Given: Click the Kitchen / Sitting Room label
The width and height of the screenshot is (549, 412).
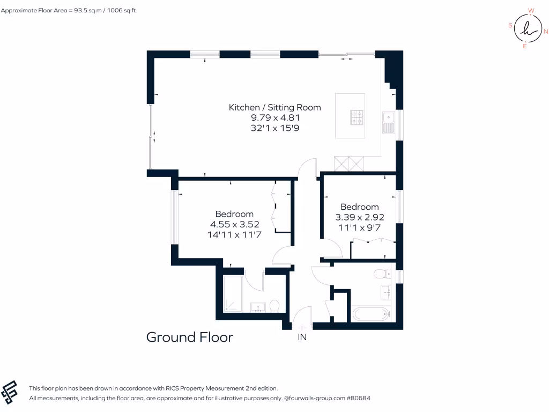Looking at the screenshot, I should point(274,107).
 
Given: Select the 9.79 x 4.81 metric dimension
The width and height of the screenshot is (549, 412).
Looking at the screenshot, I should point(274,117).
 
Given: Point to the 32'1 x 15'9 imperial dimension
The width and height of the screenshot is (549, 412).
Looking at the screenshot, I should point(274,128).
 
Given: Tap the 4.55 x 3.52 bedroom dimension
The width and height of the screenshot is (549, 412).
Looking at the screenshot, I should point(234,224).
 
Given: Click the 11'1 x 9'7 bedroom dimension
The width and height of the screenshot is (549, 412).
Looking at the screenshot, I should point(359,227).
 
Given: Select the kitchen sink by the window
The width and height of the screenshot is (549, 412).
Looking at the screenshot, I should point(388,122).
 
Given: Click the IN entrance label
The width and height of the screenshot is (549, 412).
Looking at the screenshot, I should point(302,337).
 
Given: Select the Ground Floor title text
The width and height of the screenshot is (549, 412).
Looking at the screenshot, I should point(190,337).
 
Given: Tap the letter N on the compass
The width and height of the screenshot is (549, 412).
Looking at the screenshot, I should point(545,31).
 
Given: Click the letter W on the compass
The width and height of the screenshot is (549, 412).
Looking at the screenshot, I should point(531,10).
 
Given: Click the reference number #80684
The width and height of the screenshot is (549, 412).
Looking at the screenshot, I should point(359,398).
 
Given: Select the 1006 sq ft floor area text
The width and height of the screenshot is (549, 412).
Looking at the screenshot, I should point(122,10).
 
